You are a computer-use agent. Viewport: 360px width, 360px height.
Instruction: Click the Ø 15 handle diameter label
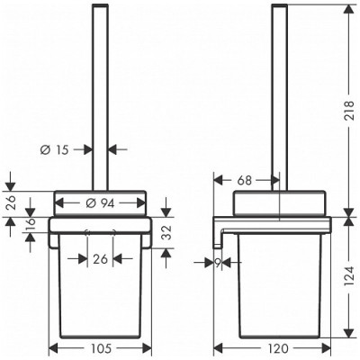coord(54,149)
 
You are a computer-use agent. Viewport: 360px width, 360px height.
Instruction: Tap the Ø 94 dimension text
coord(100,203)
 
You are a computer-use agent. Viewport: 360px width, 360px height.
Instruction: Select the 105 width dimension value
coord(100,348)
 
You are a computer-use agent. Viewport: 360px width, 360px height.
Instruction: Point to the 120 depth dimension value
coord(277,348)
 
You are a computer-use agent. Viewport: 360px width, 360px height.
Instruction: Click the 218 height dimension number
coord(348,111)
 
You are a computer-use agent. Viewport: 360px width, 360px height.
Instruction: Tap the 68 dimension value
coord(244,181)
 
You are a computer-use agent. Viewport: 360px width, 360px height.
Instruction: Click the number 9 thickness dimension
coord(218,263)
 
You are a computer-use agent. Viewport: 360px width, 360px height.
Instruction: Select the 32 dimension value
coord(168,232)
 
